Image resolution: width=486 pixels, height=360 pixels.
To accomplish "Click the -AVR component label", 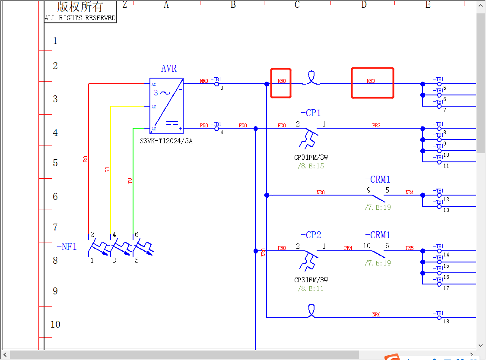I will pos(166,69).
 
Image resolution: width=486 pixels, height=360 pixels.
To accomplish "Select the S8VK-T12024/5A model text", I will pos(166,141).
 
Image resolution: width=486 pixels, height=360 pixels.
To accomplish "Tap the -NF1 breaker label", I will pos(67,247).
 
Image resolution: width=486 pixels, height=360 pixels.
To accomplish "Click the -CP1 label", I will pos(311,113).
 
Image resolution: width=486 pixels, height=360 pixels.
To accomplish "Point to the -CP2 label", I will pos(311,235).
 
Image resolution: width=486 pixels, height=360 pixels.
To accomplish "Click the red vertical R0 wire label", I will pos(85,159).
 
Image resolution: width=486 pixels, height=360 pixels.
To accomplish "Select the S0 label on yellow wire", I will pos(107,170).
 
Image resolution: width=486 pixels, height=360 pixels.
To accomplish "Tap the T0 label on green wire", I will pos(130,180).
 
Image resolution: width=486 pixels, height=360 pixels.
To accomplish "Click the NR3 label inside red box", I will pos(371,81).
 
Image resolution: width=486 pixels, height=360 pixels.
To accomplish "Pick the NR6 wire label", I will pos(376,315).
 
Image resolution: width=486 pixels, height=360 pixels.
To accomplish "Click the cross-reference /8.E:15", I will pos(311,166).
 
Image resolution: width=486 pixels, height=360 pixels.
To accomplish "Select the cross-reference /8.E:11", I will pos(311,288).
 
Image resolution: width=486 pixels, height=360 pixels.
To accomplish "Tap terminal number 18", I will pos(446,322).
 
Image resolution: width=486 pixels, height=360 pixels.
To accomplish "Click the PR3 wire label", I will pos(376,126).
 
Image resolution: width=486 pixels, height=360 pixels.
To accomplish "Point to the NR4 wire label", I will pos(410,193).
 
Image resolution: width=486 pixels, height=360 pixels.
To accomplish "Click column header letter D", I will pos(364,5).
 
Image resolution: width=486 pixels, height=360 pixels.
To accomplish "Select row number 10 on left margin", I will pos(55,324).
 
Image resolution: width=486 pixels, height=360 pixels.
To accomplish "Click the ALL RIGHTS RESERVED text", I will pos(80,18).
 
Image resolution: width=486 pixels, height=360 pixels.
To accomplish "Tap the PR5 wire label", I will pos(410,248).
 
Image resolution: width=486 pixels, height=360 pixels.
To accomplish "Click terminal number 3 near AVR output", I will pos(222,88).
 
